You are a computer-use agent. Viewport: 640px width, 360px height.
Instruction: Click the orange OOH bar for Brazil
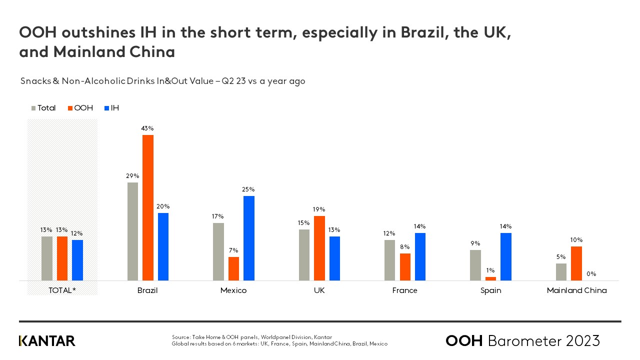coord(148,207)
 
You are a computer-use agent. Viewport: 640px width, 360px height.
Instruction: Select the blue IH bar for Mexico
coord(249,238)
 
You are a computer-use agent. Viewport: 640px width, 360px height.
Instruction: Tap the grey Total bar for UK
coord(304,255)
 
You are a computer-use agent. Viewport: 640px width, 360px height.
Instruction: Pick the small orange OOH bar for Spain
coord(490,278)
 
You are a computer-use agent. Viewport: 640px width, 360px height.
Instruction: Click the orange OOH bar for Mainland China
coord(576,263)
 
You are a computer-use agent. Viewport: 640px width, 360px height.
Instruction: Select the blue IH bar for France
coord(420,256)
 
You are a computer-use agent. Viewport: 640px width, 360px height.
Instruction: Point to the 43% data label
coord(147,128)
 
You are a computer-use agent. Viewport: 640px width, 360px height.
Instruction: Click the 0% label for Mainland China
coord(591,274)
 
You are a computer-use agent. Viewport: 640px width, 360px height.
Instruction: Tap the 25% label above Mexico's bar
coord(248,189)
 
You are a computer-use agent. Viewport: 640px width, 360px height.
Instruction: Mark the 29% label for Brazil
coord(132,176)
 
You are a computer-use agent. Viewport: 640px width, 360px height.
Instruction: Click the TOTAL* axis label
coord(62,290)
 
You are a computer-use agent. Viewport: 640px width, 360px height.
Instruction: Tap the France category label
coord(405,290)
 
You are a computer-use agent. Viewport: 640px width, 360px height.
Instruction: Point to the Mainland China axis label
coord(576,290)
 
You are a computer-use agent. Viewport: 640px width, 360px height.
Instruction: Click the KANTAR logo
coord(47,341)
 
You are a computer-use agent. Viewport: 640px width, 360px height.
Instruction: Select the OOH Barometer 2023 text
coord(522,341)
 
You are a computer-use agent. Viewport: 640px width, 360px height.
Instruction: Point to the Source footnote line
coord(252,337)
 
